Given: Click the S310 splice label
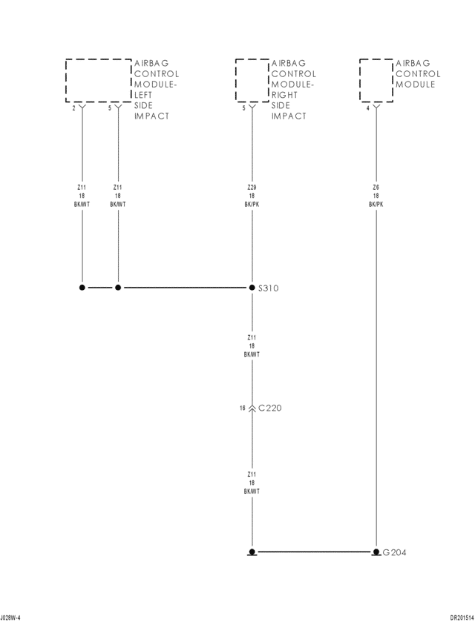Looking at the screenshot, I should click(x=268, y=288).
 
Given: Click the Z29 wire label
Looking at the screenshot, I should click(x=252, y=188).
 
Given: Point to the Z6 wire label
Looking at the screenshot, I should click(x=376, y=188).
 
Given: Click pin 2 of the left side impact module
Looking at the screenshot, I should click(x=73, y=107).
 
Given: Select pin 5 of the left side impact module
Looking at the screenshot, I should click(x=109, y=107).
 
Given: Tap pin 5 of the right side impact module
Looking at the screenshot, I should click(x=243, y=107).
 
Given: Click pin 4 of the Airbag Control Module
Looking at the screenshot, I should click(x=367, y=107).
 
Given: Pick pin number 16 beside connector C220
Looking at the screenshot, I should click(x=243, y=408).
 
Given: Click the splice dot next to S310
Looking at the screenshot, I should click(x=252, y=287).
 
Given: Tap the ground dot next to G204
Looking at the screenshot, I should click(x=376, y=552).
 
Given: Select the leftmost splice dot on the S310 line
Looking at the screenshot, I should click(x=82, y=287).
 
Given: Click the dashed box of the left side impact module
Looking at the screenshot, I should click(x=99, y=80).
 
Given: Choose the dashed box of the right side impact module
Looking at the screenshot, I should click(x=252, y=80).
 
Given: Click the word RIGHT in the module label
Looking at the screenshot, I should click(x=284, y=95).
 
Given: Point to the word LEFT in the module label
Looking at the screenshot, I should click(x=144, y=95).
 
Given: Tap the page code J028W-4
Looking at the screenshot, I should click(x=10, y=617).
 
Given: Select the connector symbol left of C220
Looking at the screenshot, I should click(x=252, y=408).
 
